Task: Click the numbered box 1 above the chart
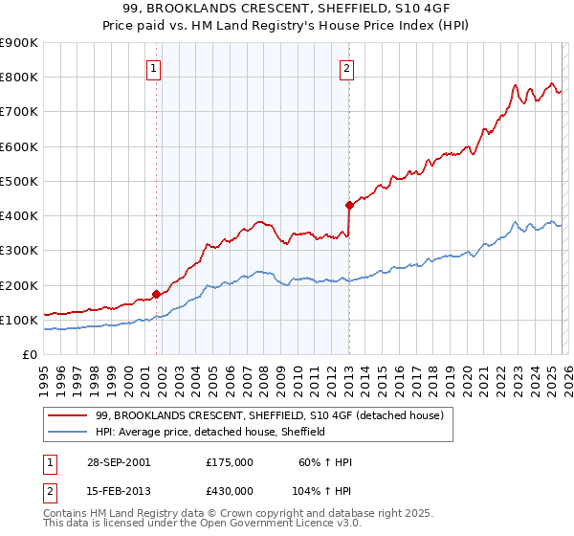tap(153, 67)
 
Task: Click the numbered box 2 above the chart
tap(345, 67)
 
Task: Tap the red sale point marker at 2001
tap(157, 294)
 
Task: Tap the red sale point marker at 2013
tap(349, 204)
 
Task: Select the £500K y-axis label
tap(19, 181)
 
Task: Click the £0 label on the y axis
tap(29, 354)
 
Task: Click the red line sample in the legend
tap(68, 416)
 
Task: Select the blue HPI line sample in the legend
tap(68, 432)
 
